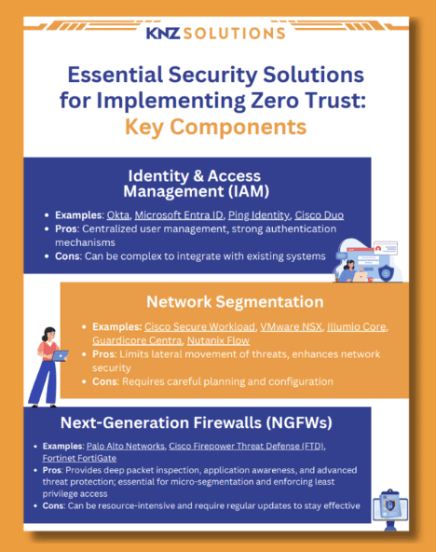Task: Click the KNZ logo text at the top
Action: (163, 33)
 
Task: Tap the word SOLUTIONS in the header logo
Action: (234, 34)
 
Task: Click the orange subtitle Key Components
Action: (215, 127)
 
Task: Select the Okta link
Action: (118, 215)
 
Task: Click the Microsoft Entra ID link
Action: (179, 215)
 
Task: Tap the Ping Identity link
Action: (259, 215)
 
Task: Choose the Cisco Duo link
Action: (320, 215)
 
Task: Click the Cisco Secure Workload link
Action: (199, 326)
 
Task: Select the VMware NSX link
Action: (292, 326)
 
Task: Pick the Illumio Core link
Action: (357, 326)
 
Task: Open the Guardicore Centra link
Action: (137, 340)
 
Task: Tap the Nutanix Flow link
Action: (218, 340)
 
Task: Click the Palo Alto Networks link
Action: (126, 446)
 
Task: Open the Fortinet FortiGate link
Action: (79, 458)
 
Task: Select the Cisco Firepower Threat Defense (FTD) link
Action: (247, 446)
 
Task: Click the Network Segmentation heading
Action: (235, 302)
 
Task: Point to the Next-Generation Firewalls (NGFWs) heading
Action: (197, 422)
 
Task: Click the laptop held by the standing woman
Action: (61, 355)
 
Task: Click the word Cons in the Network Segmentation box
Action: (105, 381)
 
